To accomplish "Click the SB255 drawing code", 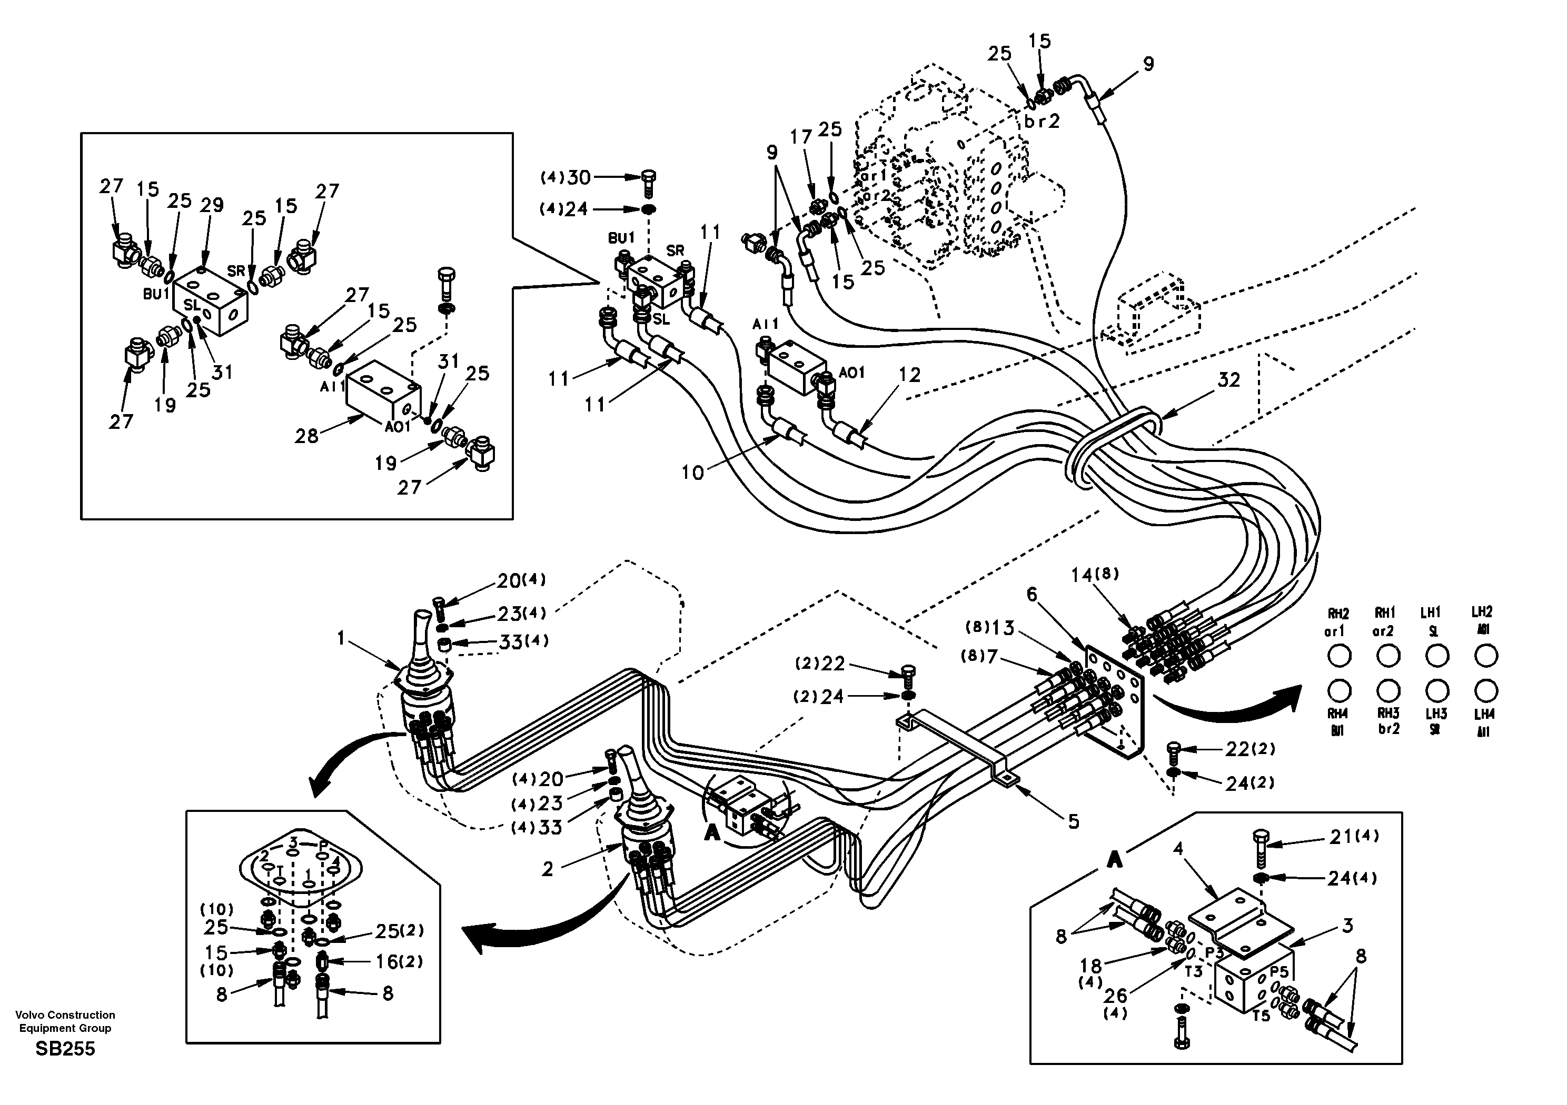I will click(x=65, y=1048).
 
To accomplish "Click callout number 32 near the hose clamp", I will click(x=1228, y=380).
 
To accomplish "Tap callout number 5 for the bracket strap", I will click(x=1074, y=822).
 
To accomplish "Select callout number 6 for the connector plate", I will click(x=1032, y=595).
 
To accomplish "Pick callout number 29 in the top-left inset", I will click(x=212, y=205).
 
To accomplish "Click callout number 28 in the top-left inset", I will click(x=306, y=435).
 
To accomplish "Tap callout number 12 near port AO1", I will click(x=910, y=375).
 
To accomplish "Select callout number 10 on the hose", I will click(x=692, y=472).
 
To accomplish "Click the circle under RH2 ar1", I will click(x=1339, y=656).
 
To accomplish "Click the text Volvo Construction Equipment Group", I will click(x=65, y=1021).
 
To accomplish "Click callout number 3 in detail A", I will click(x=1347, y=926).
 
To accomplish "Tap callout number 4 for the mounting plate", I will click(x=1178, y=849).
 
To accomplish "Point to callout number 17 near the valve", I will click(x=801, y=137).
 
